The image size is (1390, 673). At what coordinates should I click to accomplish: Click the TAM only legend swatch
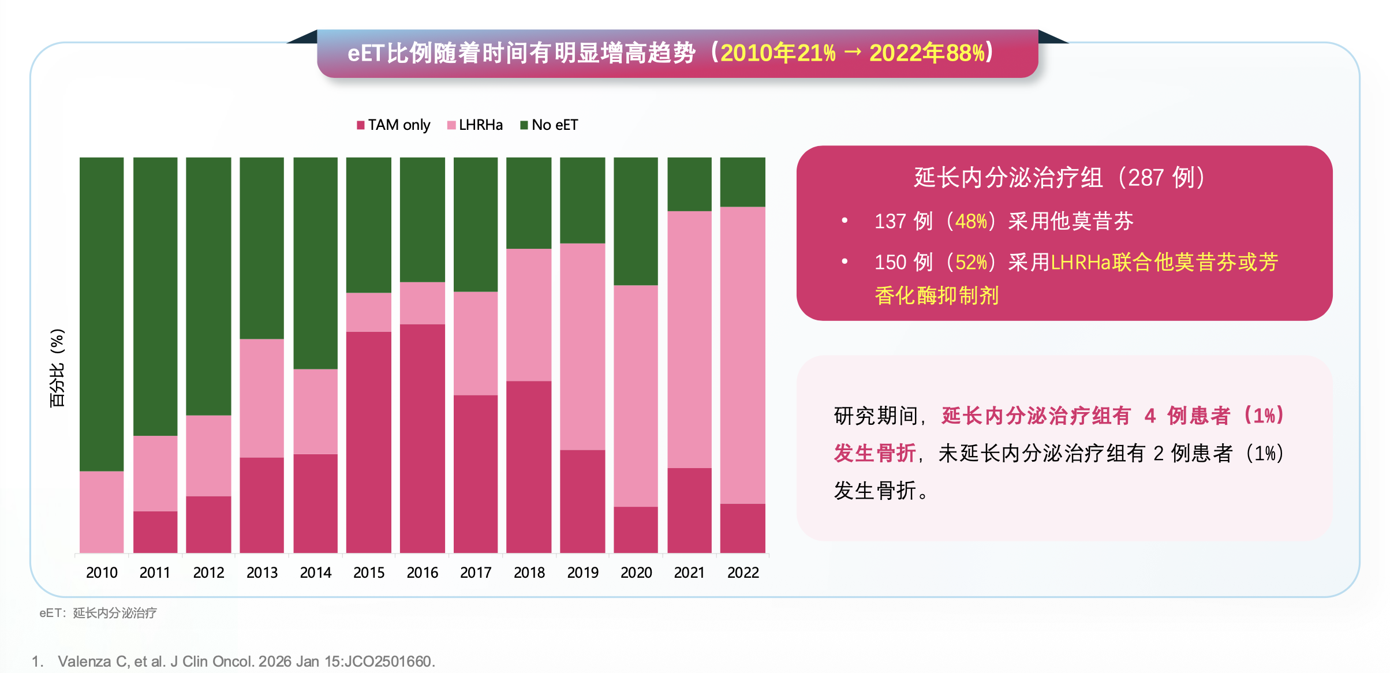361,125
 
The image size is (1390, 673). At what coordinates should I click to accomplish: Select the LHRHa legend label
480,125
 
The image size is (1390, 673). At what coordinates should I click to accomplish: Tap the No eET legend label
554,125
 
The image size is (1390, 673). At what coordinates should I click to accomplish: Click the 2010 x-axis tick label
102,573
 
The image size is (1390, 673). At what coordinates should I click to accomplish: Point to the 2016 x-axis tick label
423,573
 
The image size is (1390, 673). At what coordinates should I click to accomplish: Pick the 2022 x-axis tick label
743,573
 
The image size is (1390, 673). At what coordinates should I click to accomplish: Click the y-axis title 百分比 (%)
57,368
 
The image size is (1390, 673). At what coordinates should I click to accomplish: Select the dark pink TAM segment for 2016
423,439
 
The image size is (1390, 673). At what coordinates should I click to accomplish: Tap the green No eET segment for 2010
102,315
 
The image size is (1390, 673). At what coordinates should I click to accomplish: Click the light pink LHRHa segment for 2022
743,355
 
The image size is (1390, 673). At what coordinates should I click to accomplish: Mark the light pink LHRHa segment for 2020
636,396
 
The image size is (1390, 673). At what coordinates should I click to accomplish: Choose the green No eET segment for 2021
689,184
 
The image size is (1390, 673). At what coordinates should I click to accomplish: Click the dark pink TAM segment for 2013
262,505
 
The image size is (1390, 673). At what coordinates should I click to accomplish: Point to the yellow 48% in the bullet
971,222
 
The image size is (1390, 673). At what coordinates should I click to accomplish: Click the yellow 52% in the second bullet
971,263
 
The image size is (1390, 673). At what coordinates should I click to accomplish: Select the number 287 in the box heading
1145,178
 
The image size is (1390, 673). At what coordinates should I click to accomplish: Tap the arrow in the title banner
853,53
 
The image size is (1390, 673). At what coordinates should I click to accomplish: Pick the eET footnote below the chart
98,613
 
